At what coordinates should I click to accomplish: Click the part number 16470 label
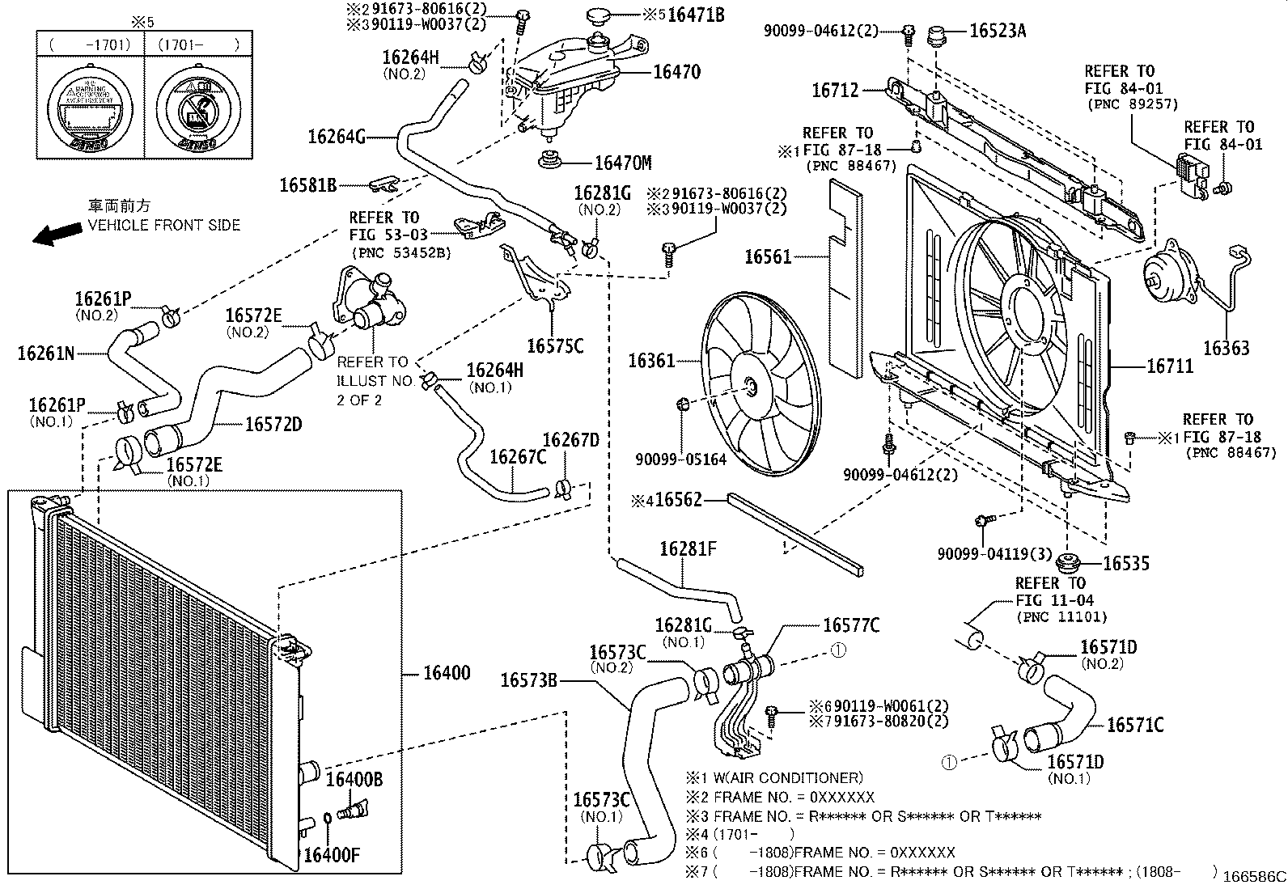[676, 72]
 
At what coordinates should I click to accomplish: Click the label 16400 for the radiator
[447, 673]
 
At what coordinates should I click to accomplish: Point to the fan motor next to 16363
[1170, 278]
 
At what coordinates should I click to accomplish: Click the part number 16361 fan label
[651, 360]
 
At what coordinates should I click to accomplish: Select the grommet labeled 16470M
[552, 159]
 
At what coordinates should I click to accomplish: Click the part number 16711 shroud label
[1169, 367]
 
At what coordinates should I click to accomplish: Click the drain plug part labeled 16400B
[355, 807]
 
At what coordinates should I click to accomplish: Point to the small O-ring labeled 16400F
[326, 819]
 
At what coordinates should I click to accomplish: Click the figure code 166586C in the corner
[1254, 876]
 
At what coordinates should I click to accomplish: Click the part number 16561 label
[768, 257]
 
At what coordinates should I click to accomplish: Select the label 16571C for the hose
[1134, 726]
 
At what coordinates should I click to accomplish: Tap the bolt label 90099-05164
[680, 459]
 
